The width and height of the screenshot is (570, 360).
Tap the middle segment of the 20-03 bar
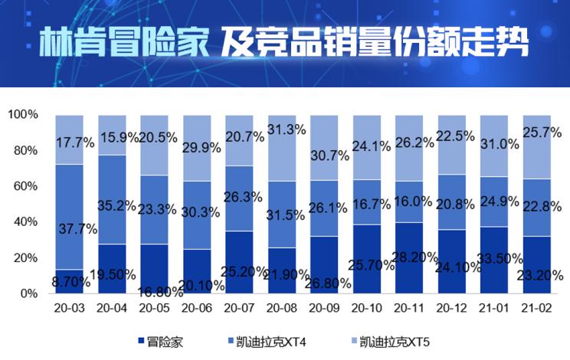[x=70, y=199]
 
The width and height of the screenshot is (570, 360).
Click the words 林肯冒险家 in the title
[x=123, y=44]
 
